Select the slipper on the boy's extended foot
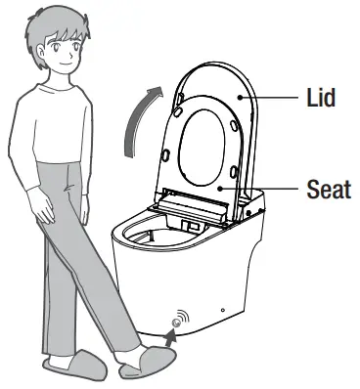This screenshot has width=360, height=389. click(x=147, y=363)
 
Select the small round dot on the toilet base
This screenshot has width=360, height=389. click(x=222, y=311)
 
